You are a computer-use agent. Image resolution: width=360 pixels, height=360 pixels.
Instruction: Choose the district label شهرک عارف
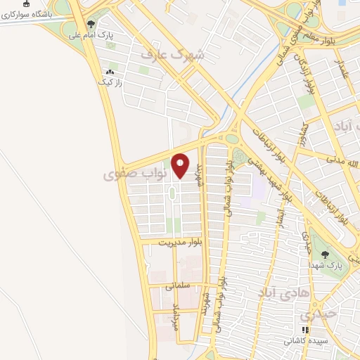coord(172,54)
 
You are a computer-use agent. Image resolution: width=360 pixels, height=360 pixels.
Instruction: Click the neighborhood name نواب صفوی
coord(135,172)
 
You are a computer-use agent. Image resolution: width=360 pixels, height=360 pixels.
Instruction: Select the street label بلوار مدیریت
coord(180,243)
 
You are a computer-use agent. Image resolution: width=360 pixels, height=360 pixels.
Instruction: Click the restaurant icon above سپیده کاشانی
coord(304,330)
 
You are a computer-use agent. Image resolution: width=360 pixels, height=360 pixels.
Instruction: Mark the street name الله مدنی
coord(344,163)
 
